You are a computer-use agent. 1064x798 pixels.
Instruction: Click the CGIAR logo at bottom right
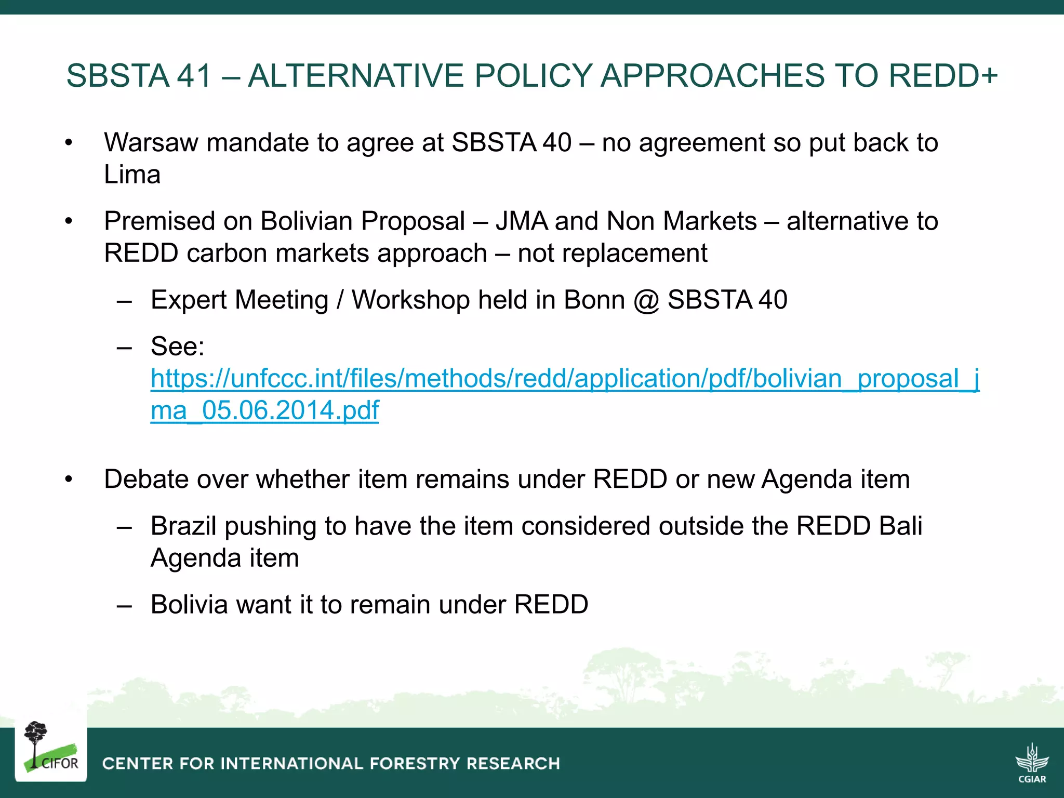(1032, 762)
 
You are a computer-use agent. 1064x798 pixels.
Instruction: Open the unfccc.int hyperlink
(565, 379)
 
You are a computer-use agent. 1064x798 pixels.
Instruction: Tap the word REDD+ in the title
(943, 75)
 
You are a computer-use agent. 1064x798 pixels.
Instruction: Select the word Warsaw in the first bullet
(151, 142)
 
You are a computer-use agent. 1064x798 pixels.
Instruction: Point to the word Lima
(132, 175)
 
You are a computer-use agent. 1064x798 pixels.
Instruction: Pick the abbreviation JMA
(521, 221)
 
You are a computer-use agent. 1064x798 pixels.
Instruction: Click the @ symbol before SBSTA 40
(646, 300)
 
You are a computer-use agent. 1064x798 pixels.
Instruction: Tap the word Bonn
(594, 300)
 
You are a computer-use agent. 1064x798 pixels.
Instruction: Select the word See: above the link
(178, 347)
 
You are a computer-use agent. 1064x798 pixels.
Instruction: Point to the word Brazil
(183, 526)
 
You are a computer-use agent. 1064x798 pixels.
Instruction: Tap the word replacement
(613, 254)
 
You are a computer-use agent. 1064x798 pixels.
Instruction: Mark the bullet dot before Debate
(69, 479)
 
